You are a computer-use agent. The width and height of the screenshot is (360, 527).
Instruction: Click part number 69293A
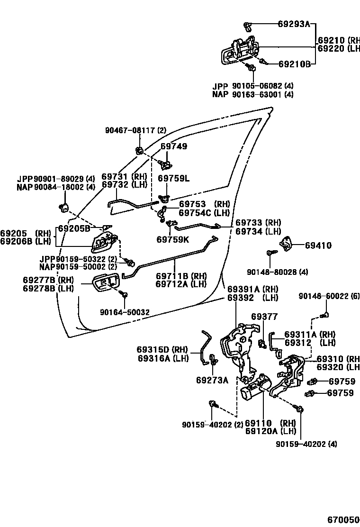tap(294, 25)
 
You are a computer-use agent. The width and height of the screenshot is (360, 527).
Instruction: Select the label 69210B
tap(294, 64)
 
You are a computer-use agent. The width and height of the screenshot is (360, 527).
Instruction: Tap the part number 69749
tap(173, 146)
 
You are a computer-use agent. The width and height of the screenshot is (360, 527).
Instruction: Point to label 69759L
tap(173, 178)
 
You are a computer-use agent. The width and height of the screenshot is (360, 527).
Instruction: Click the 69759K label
tap(172, 239)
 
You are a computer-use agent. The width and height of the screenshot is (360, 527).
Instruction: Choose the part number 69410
tap(318, 245)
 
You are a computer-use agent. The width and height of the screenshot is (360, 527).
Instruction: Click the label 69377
tap(264, 317)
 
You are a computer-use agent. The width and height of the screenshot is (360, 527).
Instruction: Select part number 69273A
tap(212, 380)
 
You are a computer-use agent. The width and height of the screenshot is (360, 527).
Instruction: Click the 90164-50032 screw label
tap(125, 312)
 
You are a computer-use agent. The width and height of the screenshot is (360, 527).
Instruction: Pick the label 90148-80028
tap(271, 272)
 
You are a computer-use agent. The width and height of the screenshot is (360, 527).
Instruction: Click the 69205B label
tap(74, 228)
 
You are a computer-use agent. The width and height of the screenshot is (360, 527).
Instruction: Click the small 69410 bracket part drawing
tap(287, 244)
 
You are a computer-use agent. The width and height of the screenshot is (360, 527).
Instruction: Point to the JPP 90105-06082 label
tap(253, 86)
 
